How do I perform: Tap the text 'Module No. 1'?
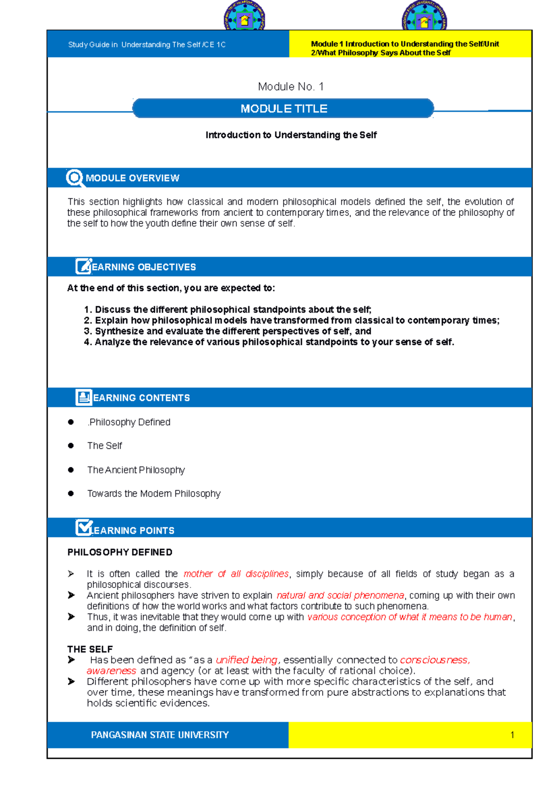[291, 87]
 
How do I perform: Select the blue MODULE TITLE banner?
[283, 109]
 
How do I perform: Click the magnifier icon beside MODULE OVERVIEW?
[74, 178]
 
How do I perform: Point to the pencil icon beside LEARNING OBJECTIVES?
[84, 266]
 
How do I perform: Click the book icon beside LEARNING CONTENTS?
[84, 397]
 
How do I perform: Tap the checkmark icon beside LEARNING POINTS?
[84, 528]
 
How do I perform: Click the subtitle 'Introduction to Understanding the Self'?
[291, 135]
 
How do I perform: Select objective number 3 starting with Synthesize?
[227, 331]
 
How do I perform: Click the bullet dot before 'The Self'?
[71, 446]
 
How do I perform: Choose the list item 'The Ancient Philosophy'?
[136, 470]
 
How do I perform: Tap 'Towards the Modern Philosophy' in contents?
[154, 494]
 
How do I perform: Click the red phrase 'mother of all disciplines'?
[236, 574]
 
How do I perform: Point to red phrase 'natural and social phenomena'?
[340, 595]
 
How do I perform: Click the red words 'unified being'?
[246, 660]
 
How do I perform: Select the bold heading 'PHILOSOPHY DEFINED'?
[120, 552]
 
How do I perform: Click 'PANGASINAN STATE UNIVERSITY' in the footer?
[160, 735]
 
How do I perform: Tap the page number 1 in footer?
[512, 735]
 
